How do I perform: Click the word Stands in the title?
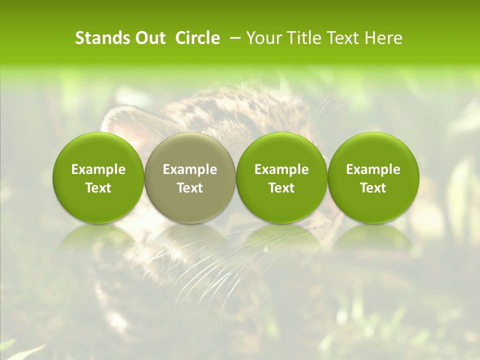(101, 38)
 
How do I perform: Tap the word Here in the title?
(383, 38)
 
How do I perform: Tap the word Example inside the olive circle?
(190, 169)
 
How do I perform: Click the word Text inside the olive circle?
(190, 188)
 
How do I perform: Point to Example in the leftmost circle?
(98, 169)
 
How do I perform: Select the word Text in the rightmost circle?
(373, 188)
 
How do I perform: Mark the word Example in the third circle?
(281, 169)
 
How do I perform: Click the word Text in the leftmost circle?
(98, 188)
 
